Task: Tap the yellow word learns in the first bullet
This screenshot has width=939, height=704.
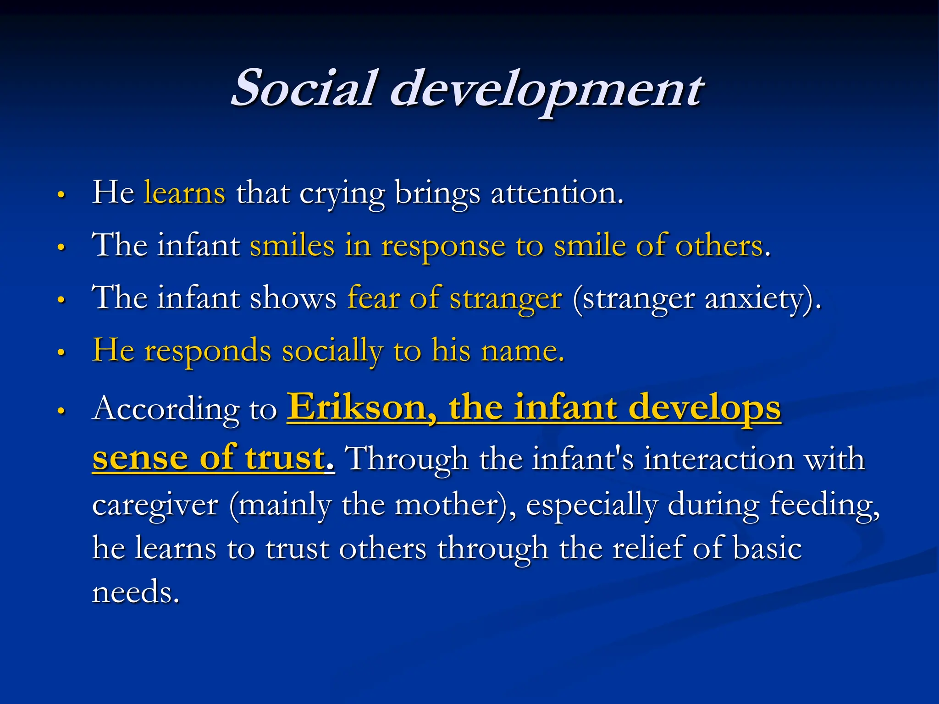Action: coord(184,192)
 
